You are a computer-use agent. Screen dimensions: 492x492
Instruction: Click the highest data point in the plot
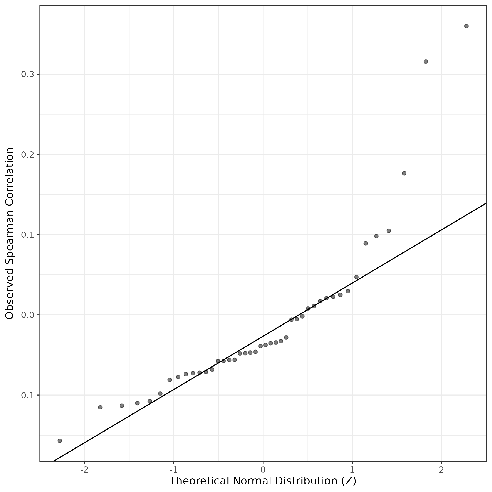(466, 26)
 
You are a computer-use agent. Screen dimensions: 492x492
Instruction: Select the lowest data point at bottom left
(60, 441)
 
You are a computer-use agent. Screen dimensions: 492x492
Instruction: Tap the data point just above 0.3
(425, 61)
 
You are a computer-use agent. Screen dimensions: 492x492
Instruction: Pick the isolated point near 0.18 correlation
(404, 173)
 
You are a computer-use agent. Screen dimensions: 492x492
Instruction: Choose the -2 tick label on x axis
(84, 469)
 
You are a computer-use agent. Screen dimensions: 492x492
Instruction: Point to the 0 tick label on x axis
(263, 469)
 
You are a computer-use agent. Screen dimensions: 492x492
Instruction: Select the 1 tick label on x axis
(352, 469)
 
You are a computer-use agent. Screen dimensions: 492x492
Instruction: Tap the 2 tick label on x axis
(441, 469)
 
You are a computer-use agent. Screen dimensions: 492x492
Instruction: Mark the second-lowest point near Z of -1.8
(100, 407)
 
